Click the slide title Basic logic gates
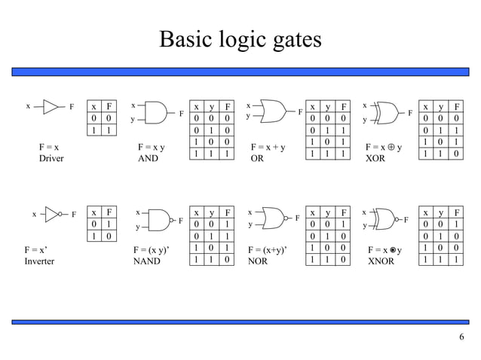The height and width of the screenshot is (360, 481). tap(240, 39)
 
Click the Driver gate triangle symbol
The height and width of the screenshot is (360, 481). tap(50, 106)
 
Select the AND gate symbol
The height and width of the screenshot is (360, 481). tap(156, 113)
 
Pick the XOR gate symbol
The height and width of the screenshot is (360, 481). tap(386, 112)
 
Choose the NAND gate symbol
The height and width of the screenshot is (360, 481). tap(159, 220)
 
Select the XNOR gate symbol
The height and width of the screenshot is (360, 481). tap(386, 219)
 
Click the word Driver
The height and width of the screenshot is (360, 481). tap(51, 160)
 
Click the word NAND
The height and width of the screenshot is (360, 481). tap(146, 262)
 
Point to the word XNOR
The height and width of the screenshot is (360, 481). tap(381, 261)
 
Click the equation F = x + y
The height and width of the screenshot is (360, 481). tap(268, 147)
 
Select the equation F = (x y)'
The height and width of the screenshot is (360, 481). tap(155, 249)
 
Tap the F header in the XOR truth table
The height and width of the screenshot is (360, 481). tap(455, 107)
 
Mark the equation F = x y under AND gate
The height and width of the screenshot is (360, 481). tap(152, 147)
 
